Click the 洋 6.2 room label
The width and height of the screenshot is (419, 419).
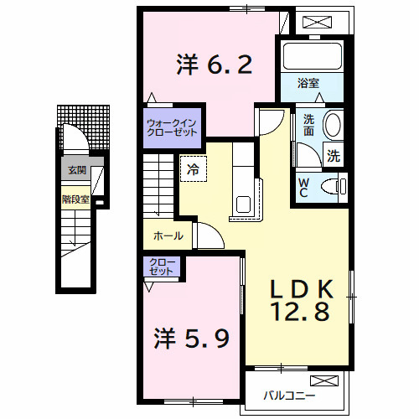point(214,64)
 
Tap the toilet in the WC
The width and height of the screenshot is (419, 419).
point(338,185)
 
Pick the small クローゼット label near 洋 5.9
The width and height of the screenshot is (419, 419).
point(162,267)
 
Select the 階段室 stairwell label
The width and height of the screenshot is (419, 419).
point(75,199)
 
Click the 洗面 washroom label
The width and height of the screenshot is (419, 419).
point(308,125)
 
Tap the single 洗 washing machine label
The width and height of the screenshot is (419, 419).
point(334,155)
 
